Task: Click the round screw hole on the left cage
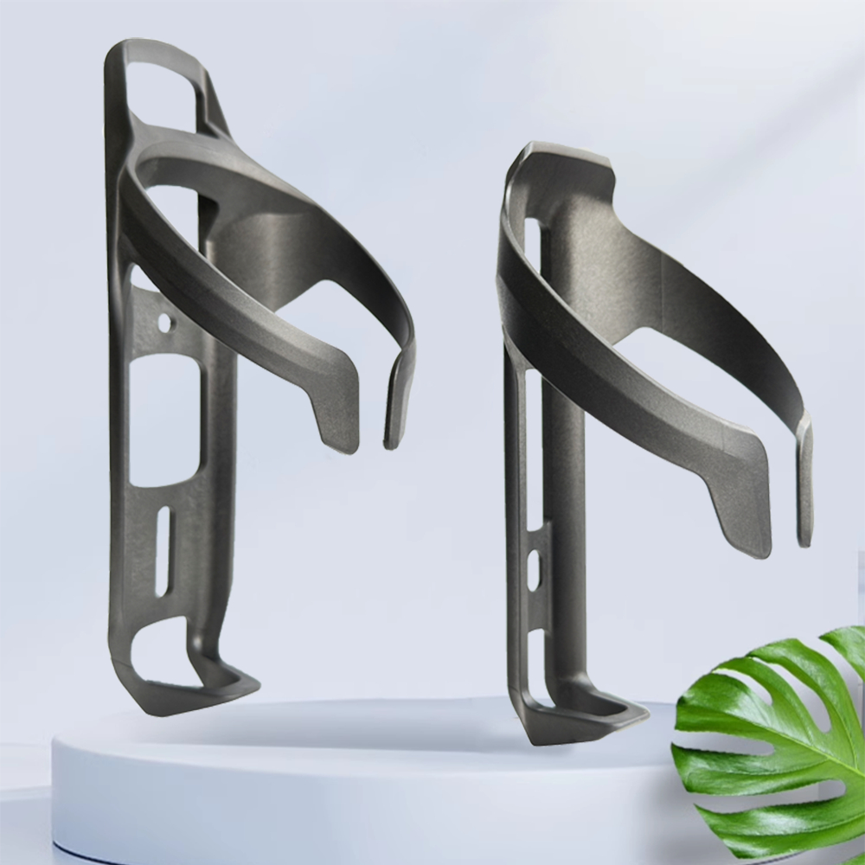[164, 324]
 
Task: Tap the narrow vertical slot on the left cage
[163, 550]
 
